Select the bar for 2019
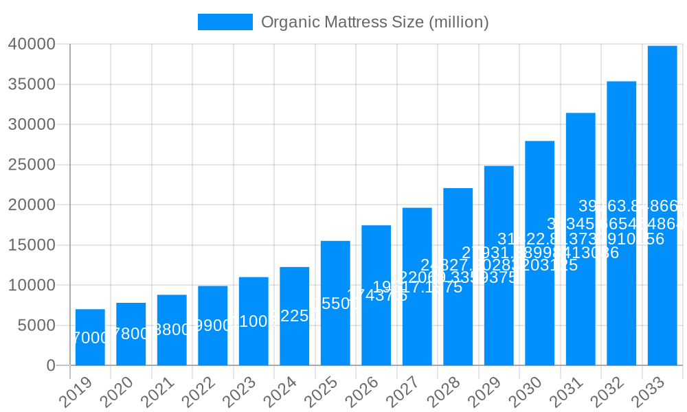pyautogui.click(x=90, y=337)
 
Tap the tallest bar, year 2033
pyautogui.click(x=662, y=205)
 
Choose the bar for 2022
pyautogui.click(x=213, y=325)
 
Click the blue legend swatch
pyautogui.click(x=225, y=22)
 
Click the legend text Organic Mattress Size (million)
pyautogui.click(x=374, y=22)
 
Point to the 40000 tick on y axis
pyautogui.click(x=32, y=45)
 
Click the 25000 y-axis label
pyautogui.click(x=32, y=165)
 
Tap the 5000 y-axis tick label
pyautogui.click(x=36, y=325)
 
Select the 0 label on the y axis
pyautogui.click(x=51, y=365)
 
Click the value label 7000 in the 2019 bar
pyautogui.click(x=90, y=338)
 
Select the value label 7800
pyautogui.click(x=131, y=334)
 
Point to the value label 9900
pyautogui.click(x=213, y=325)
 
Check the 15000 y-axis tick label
pyautogui.click(x=32, y=245)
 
